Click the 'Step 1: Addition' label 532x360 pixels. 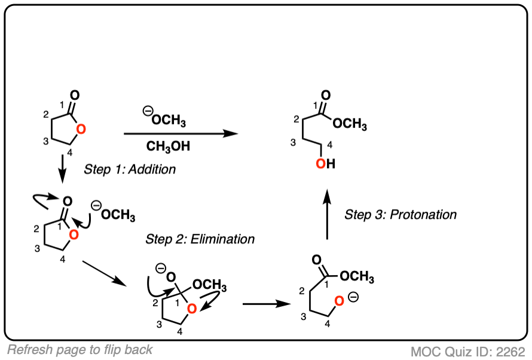coord(130,169)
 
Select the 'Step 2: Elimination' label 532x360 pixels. coord(200,239)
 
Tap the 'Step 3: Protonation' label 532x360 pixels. coord(400,214)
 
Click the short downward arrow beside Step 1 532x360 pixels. coord(62,169)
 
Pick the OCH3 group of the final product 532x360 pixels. coord(350,124)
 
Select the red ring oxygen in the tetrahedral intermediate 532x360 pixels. coord(191,308)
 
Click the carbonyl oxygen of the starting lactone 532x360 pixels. coord(74,95)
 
